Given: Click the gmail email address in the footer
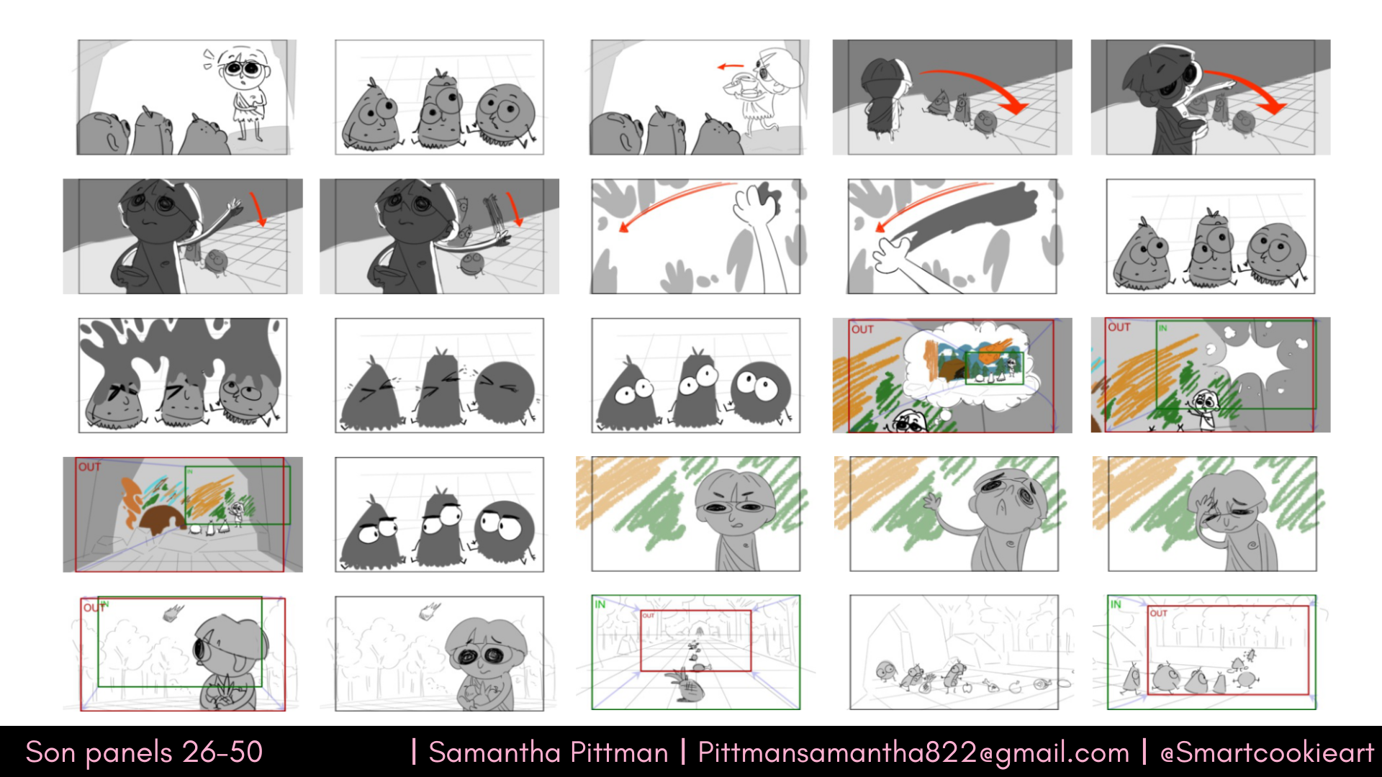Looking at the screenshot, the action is (x=913, y=753).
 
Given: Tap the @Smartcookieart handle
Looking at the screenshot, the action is (x=1267, y=753).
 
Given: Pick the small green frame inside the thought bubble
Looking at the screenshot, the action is (x=993, y=368).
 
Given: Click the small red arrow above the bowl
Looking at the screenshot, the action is (x=731, y=67).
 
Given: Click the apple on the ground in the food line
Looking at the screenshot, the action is (x=967, y=687).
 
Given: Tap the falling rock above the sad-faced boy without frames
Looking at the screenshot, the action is (x=429, y=612).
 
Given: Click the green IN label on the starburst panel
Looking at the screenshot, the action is (x=1162, y=328).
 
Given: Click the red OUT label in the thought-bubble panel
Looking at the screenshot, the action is (x=862, y=330).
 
